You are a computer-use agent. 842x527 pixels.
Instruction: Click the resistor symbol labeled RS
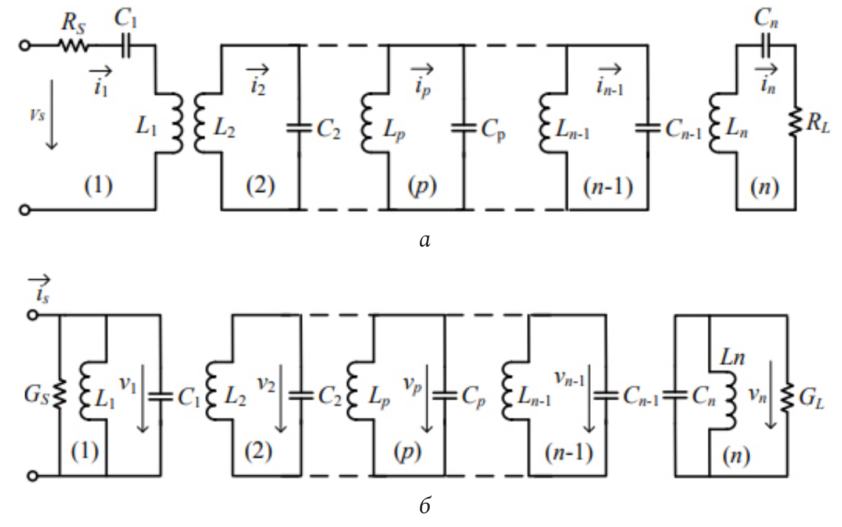point(72,45)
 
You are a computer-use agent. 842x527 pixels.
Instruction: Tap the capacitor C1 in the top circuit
point(126,45)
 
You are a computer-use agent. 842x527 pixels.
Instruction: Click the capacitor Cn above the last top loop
point(765,45)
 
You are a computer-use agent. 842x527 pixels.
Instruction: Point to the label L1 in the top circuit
point(146,125)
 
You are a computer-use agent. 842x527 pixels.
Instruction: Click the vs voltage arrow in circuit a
point(52,115)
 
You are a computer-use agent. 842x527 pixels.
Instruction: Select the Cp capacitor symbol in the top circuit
point(463,127)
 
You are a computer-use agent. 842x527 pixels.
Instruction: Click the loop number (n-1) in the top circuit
point(608,187)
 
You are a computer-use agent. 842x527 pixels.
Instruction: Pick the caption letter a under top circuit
point(424,238)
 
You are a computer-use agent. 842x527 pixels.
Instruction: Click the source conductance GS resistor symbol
point(59,394)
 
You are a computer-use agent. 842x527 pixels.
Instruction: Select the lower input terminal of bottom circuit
point(33,476)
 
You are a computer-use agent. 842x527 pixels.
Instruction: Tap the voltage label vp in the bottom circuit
point(412,384)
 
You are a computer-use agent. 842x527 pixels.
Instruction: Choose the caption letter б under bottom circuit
point(425,505)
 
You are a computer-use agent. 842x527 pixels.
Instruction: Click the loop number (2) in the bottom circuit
point(258,451)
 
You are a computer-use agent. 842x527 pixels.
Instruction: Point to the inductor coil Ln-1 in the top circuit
point(545,124)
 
